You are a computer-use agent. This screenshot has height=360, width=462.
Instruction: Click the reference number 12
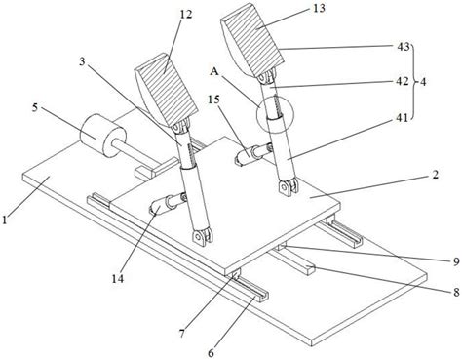click(x=186, y=14)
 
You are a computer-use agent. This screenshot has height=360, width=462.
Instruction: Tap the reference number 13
click(x=320, y=8)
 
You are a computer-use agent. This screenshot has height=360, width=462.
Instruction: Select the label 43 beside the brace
click(x=404, y=47)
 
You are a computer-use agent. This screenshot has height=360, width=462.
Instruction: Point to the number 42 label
click(x=403, y=81)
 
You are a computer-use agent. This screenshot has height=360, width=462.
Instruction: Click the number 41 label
click(x=402, y=117)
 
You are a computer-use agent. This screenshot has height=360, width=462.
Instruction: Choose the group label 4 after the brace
click(x=422, y=82)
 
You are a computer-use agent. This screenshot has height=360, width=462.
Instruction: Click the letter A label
click(x=213, y=71)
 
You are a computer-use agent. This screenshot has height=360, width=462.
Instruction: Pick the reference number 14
click(x=118, y=278)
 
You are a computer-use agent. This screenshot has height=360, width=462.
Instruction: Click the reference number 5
click(x=34, y=107)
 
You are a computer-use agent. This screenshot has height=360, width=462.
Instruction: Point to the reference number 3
click(x=82, y=62)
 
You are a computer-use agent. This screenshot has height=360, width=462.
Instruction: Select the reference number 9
click(x=456, y=261)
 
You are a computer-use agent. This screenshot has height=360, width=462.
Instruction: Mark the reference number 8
click(x=456, y=293)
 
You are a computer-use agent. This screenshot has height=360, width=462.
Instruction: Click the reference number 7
click(x=182, y=333)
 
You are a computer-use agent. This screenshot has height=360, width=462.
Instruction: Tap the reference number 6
click(x=212, y=352)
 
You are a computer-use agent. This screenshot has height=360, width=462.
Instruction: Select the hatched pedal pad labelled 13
click(x=252, y=40)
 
